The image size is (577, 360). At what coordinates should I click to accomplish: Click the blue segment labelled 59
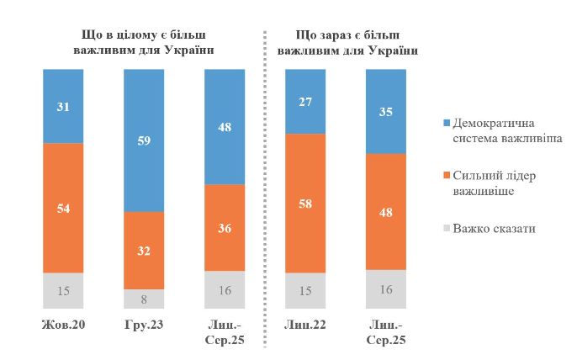[144, 140]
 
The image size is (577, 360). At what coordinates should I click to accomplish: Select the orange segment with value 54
[63, 208]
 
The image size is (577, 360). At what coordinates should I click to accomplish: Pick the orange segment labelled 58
[306, 204]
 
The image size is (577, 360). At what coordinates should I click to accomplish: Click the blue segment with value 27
[306, 102]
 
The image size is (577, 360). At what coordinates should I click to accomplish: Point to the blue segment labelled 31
[63, 106]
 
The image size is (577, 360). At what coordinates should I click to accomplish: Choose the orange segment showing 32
[144, 250]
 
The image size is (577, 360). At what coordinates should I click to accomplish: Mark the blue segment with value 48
[225, 127]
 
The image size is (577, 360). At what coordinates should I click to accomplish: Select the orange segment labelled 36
[225, 227]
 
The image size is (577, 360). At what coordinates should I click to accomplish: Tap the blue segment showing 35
[387, 111]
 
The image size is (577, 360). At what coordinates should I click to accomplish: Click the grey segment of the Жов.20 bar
[63, 292]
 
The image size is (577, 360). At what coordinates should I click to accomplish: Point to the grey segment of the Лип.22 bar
[306, 292]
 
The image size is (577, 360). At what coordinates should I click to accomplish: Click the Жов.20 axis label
[62, 326]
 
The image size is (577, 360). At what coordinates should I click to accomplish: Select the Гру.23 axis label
[144, 326]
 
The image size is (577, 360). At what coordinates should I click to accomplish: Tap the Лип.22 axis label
[306, 326]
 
